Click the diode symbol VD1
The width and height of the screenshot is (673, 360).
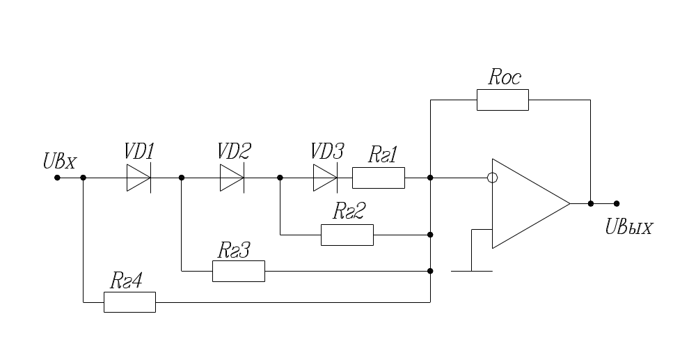pyautogui.click(x=138, y=178)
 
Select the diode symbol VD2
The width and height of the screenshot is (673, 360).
pyautogui.click(x=232, y=178)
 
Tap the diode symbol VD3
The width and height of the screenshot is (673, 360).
pyautogui.click(x=325, y=178)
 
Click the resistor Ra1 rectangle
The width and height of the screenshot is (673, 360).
pyautogui.click(x=378, y=178)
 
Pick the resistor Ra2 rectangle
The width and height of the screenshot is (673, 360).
pyautogui.click(x=347, y=235)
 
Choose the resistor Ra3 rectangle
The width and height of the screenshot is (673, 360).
pyautogui.click(x=238, y=271)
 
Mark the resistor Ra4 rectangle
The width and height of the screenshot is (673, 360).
pyautogui.click(x=129, y=302)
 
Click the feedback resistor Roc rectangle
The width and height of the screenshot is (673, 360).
pyautogui.click(x=502, y=100)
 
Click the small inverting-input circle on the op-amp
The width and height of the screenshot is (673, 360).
pyautogui.click(x=492, y=178)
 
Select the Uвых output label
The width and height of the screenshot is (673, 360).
pyautogui.click(x=628, y=227)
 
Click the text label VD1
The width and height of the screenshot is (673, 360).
pyautogui.click(x=139, y=150)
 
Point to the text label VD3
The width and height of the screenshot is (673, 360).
pyautogui.click(x=327, y=150)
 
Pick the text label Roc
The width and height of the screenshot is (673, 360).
pyautogui.click(x=504, y=77)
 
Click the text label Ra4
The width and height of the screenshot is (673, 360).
pyautogui.click(x=127, y=280)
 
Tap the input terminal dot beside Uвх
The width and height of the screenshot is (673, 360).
pyautogui.click(x=57, y=178)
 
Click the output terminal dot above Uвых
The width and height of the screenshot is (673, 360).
pyautogui.click(x=617, y=203)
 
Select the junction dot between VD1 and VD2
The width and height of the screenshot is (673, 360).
pyautogui.click(x=181, y=178)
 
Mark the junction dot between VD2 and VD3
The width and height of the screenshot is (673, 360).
pyautogui.click(x=280, y=178)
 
